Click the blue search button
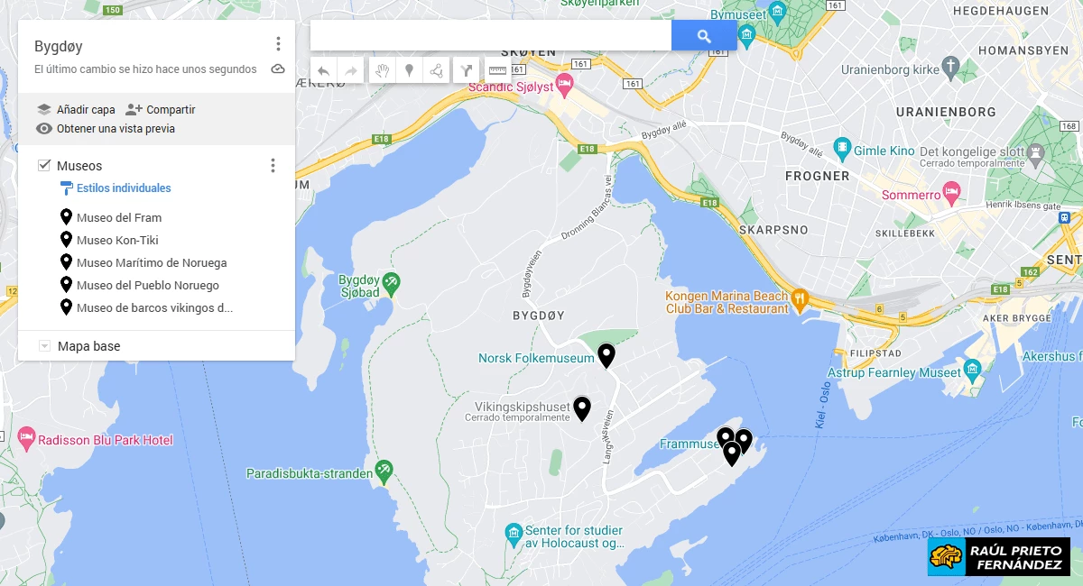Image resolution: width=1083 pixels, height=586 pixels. (704, 36)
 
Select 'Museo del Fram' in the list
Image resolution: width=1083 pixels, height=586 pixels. (119, 217)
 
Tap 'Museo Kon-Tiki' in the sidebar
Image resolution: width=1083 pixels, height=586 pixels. (117, 240)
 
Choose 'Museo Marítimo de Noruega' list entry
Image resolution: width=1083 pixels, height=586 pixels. (152, 263)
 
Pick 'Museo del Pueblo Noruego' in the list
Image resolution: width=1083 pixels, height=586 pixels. (147, 286)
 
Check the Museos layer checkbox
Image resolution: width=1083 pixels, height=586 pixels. (44, 166)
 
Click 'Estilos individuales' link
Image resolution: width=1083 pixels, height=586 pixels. (124, 188)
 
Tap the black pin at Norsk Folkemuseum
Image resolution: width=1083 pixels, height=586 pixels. (606, 355)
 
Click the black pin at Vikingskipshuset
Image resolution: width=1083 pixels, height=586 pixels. (582, 408)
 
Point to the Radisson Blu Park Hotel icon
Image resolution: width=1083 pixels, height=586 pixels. (26, 440)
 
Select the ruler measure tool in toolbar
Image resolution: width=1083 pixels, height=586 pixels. (497, 70)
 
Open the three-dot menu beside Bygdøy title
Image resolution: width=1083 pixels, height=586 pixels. (278, 44)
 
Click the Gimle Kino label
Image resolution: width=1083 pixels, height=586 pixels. (884, 151)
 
